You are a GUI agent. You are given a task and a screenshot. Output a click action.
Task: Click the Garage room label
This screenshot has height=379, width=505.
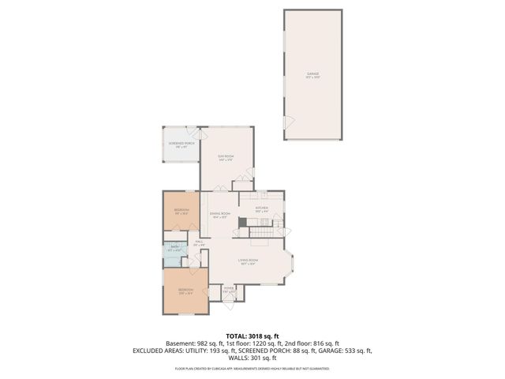tap(313, 76)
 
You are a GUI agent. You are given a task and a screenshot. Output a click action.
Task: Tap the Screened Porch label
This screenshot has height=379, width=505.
tap(180, 144)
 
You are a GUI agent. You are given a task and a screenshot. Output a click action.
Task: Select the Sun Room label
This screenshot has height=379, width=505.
tap(226, 158)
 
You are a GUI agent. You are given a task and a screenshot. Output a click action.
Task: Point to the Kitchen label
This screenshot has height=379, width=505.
tap(262, 209)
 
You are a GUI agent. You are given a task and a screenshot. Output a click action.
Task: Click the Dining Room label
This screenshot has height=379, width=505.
tap(219, 216)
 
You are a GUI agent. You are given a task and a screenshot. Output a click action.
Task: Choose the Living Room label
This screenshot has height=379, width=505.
tap(249, 262)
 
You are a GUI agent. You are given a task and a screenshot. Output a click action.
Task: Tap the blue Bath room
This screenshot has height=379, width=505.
tap(173, 251)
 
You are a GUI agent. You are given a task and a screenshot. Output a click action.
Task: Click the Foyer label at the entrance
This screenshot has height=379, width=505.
tap(229, 291)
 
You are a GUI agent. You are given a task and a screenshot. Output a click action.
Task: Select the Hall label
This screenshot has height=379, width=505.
tap(199, 244)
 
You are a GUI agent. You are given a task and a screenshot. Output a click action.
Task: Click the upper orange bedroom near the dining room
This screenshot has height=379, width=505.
tap(181, 211)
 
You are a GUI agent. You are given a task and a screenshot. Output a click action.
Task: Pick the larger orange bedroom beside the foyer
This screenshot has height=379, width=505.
tap(185, 291)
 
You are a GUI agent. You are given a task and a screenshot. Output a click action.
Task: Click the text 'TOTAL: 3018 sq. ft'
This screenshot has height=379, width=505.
tap(252, 336)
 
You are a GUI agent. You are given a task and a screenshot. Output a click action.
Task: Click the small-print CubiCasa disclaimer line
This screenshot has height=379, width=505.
tap(252, 368)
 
